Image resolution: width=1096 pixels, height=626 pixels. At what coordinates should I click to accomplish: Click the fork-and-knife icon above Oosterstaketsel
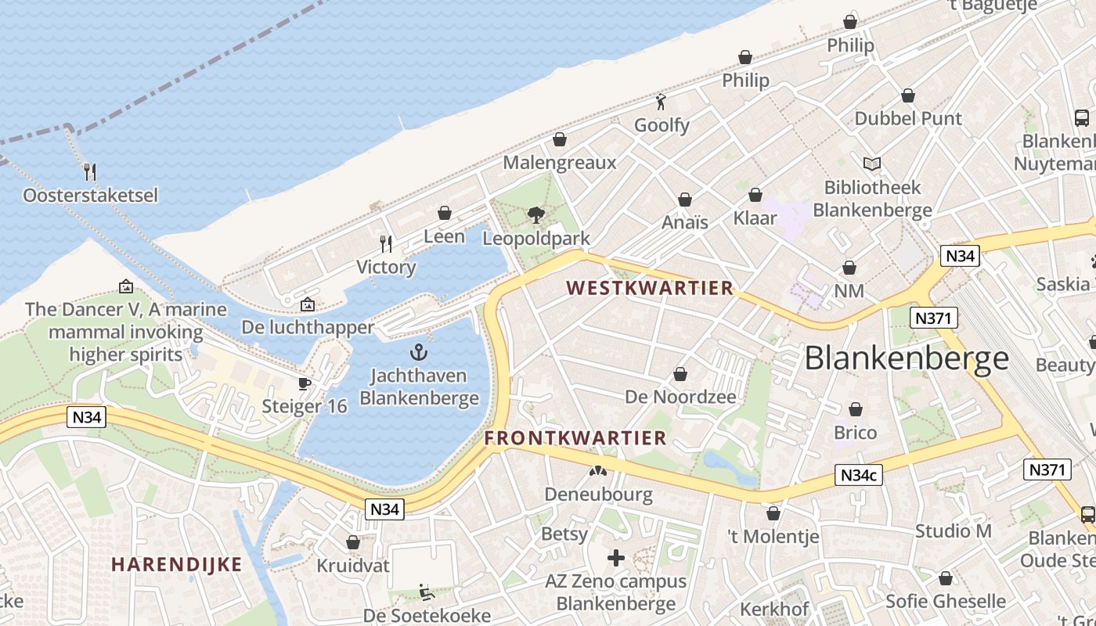90,171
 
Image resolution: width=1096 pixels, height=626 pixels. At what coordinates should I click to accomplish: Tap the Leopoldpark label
535,237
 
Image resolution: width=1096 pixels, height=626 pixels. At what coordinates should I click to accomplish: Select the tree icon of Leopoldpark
535,214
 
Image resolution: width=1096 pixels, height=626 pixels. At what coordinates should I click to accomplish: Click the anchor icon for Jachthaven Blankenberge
420,352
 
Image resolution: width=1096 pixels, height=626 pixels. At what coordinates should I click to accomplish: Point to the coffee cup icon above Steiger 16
305,383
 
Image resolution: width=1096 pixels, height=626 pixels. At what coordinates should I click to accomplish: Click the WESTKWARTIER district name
650,288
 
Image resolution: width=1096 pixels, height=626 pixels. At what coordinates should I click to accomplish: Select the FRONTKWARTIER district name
575,438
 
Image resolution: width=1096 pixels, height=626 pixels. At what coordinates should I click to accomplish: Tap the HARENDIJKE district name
176,564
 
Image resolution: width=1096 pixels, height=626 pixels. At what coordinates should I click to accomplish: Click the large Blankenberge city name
907,358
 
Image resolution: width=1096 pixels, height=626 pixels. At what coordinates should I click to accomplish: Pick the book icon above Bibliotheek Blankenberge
872,164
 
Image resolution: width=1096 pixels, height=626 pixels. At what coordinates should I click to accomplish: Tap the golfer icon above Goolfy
662,102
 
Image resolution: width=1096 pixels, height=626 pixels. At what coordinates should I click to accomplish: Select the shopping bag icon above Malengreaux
560,139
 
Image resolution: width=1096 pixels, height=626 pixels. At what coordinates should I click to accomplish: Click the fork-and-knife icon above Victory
386,244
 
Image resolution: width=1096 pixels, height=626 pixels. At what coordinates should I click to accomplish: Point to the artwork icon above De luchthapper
308,304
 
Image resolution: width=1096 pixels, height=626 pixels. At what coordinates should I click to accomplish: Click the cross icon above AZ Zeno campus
616,558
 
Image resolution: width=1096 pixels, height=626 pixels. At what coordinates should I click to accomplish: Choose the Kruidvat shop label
352,565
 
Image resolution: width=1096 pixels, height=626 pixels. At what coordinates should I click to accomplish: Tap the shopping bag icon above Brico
856,409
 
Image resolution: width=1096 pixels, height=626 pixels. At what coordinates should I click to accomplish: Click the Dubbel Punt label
908,118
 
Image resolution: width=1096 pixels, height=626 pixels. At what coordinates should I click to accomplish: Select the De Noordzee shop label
680,397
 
